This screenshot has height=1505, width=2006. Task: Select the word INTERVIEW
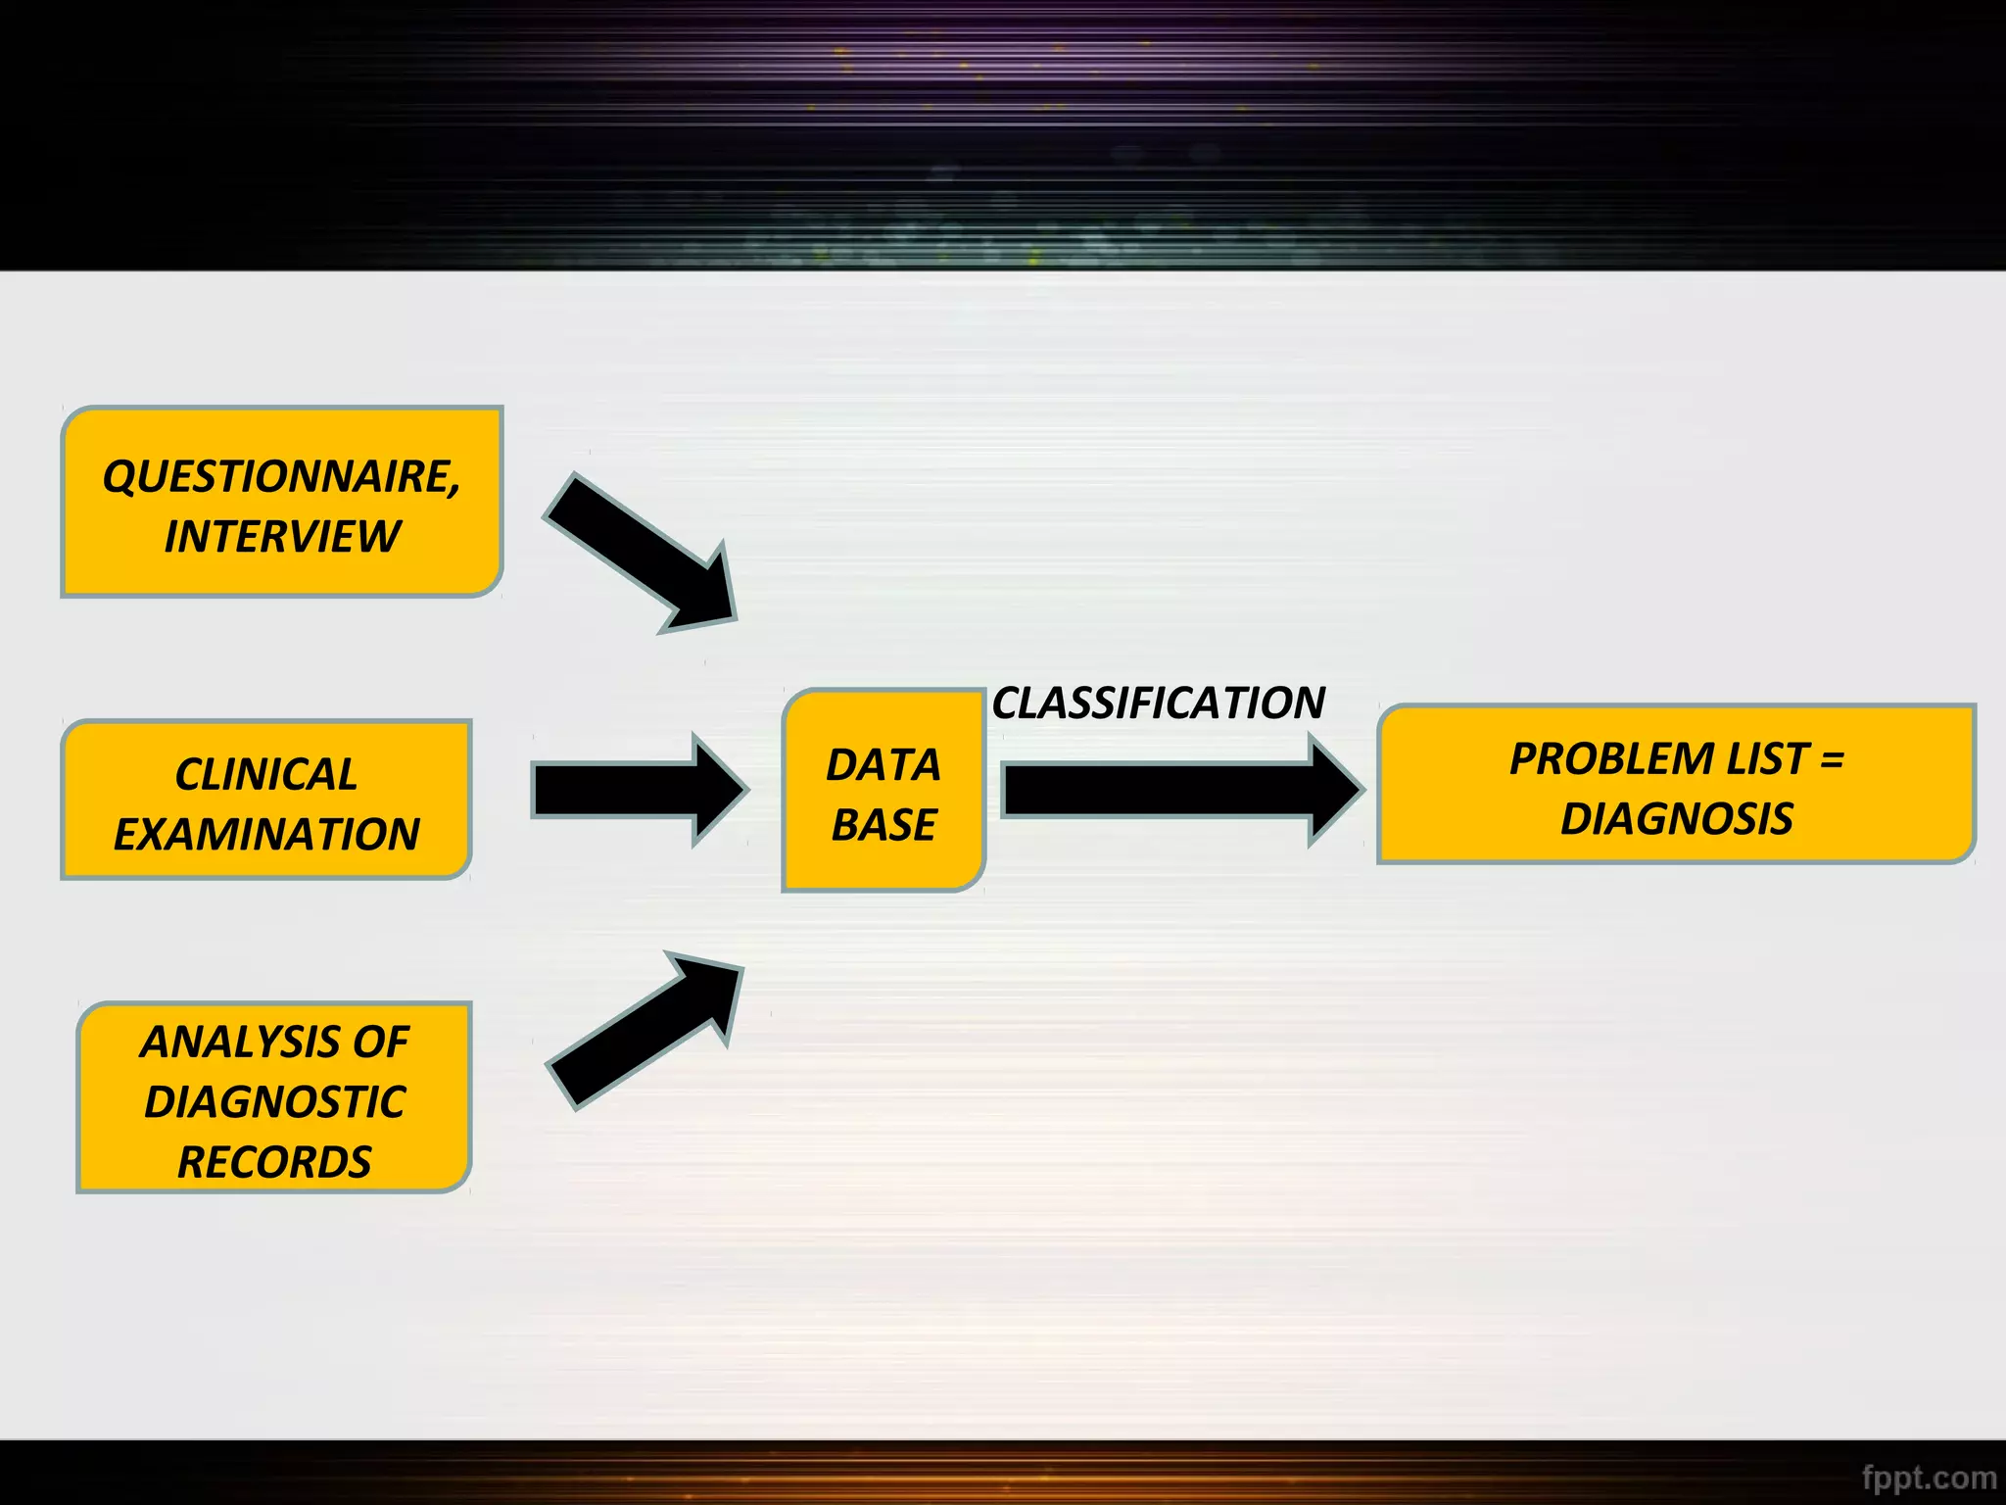pyautogui.click(x=282, y=537)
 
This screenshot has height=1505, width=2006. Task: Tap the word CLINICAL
pyautogui.click(x=266, y=774)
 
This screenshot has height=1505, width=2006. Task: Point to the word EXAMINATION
pyautogui.click(x=266, y=835)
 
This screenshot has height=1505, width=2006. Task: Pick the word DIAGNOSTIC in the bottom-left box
pyautogui.click(x=274, y=1102)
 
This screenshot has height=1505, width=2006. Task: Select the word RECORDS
pyautogui.click(x=274, y=1163)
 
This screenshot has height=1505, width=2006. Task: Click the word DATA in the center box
pyautogui.click(x=884, y=765)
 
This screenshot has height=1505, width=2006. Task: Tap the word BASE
pyautogui.click(x=884, y=825)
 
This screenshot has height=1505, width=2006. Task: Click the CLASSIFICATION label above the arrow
pyautogui.click(x=1159, y=704)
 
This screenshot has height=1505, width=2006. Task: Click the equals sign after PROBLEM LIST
pyautogui.click(x=1832, y=759)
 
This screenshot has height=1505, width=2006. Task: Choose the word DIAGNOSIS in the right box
pyautogui.click(x=1677, y=819)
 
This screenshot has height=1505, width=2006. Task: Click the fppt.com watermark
pyautogui.click(x=1929, y=1477)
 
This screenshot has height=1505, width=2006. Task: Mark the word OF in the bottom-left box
pyautogui.click(x=380, y=1042)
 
